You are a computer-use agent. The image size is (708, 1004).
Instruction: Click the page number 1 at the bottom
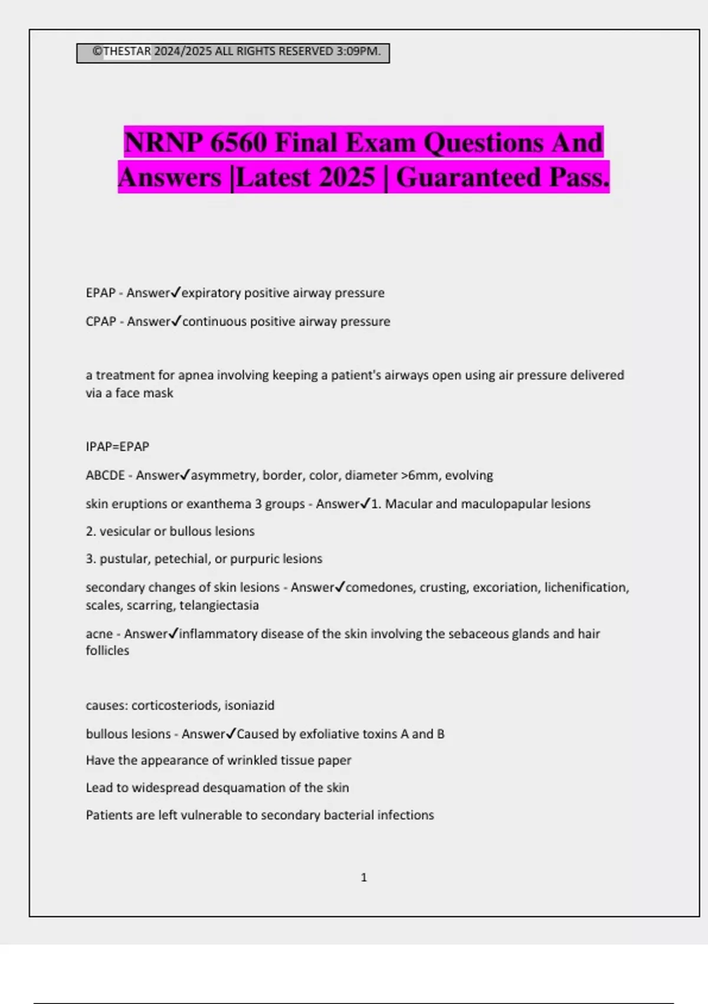pyautogui.click(x=363, y=878)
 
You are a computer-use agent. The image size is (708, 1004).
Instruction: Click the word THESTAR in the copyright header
pyautogui.click(x=127, y=51)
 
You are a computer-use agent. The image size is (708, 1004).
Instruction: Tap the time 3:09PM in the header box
pyautogui.click(x=358, y=51)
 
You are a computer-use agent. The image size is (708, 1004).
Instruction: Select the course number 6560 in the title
pyautogui.click(x=238, y=143)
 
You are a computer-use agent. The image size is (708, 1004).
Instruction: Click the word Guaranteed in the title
pyautogui.click(x=468, y=177)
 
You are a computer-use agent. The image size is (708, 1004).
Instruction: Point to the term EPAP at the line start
pyautogui.click(x=100, y=293)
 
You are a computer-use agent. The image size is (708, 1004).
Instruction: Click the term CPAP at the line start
pyautogui.click(x=101, y=321)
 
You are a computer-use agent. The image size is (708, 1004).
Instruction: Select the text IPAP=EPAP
pyautogui.click(x=117, y=446)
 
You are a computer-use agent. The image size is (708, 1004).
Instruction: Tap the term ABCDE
pyautogui.click(x=105, y=475)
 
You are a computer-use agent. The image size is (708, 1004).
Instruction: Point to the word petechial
pyautogui.click(x=182, y=559)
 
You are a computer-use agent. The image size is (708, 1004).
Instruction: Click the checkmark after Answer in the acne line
pyautogui.click(x=173, y=633)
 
